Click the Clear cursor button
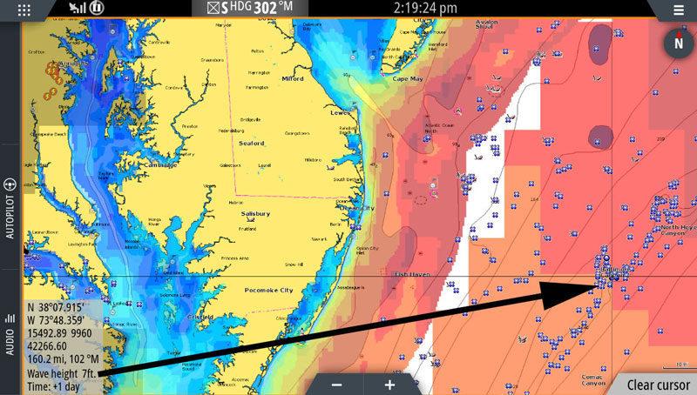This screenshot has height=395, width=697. (x=658, y=385)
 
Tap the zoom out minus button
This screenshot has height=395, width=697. (x=336, y=385)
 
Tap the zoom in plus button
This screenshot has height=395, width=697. (x=389, y=385)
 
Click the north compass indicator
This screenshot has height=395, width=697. (x=678, y=43)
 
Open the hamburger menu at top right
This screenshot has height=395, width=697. (x=679, y=10)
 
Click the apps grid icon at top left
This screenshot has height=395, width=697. (x=24, y=10)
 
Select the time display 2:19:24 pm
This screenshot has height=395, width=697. (x=425, y=8)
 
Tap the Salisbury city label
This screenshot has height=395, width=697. (x=255, y=213)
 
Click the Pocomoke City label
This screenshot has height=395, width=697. (x=268, y=289)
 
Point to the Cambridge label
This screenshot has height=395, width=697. (x=159, y=164)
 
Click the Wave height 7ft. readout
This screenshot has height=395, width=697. (x=61, y=373)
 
